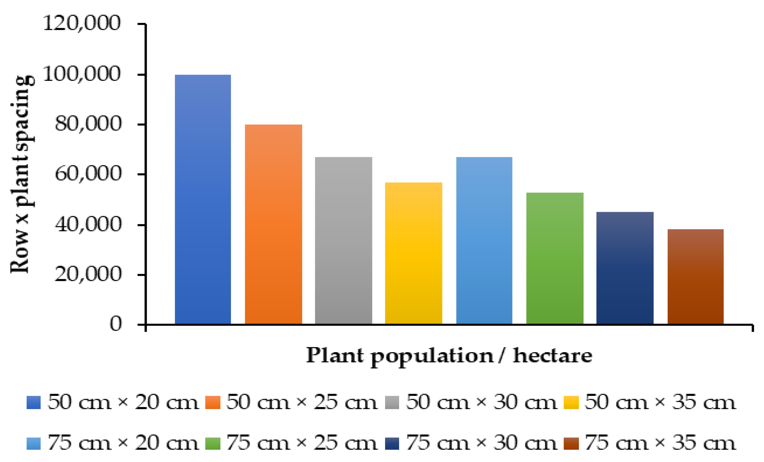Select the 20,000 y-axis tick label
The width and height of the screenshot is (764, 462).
(x=88, y=274)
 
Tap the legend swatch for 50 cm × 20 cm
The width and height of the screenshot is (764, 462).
(x=34, y=403)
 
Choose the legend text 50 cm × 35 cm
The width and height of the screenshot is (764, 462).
(x=660, y=403)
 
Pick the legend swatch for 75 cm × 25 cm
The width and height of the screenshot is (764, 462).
(x=213, y=443)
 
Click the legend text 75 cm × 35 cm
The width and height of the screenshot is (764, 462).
(x=660, y=443)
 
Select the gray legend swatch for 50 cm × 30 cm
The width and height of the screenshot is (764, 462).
(x=392, y=403)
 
